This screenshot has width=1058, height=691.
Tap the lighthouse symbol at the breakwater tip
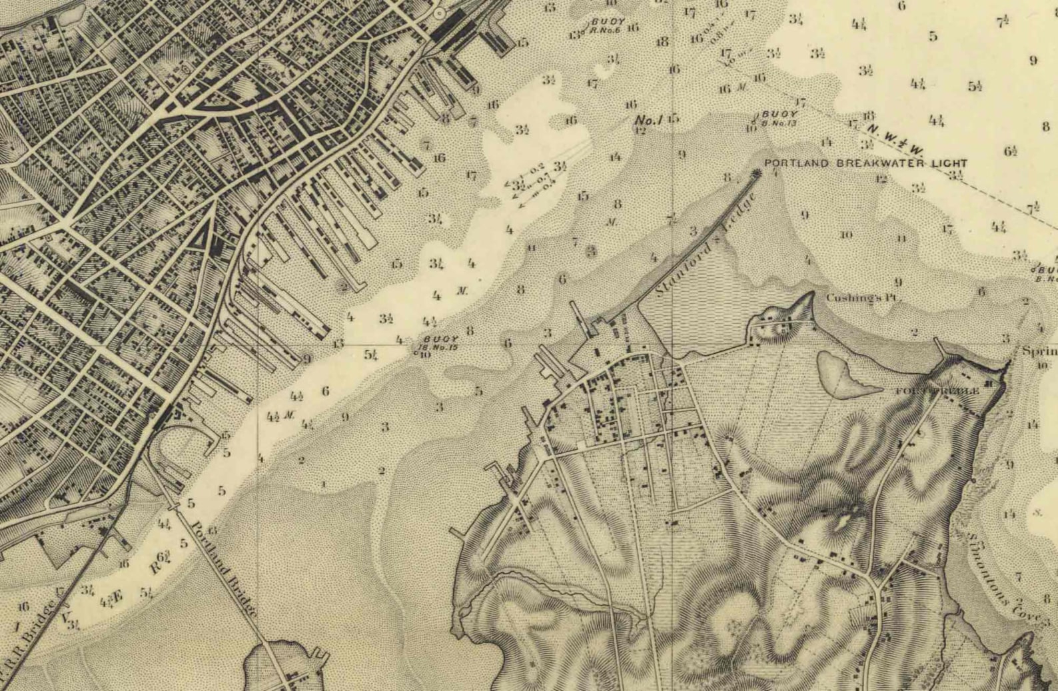[756, 174]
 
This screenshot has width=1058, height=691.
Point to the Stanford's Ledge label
[706, 246]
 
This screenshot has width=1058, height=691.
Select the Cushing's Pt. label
[863, 298]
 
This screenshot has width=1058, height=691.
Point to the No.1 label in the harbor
[648, 120]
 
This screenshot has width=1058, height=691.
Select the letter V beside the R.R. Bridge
[65, 617]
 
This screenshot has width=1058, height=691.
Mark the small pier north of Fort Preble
[940, 346]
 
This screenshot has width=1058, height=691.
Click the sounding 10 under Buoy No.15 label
[425, 354]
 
